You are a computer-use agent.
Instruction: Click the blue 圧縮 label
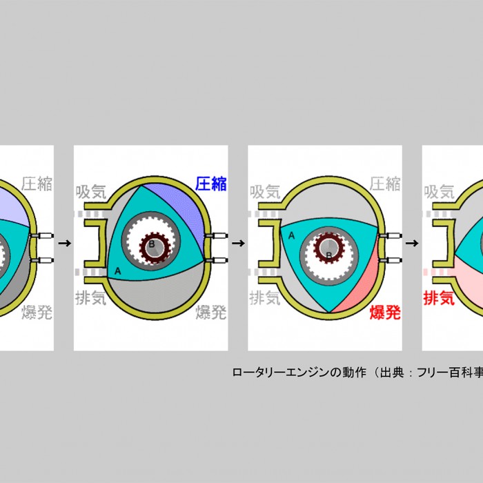pyautogui.click(x=211, y=184)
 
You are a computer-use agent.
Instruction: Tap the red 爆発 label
pyautogui.click(x=385, y=313)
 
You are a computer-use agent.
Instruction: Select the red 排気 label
pyautogui.click(x=439, y=299)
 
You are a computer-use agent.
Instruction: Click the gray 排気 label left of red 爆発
pyautogui.click(x=265, y=299)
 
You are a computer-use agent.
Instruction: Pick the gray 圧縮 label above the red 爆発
pyautogui.click(x=385, y=184)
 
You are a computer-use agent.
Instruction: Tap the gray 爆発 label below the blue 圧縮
pyautogui.click(x=211, y=313)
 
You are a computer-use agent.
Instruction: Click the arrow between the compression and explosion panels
pyautogui.click(x=238, y=243)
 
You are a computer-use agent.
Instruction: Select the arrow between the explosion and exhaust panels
pyautogui.click(x=412, y=243)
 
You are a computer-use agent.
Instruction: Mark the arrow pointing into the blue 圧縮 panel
pyautogui.click(x=64, y=243)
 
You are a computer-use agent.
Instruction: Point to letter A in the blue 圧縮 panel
pyautogui.click(x=118, y=271)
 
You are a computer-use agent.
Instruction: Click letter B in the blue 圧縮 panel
pyautogui.click(x=151, y=244)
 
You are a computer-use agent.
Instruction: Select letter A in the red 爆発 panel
pyautogui.click(x=291, y=235)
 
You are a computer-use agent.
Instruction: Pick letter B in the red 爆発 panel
pyautogui.click(x=329, y=255)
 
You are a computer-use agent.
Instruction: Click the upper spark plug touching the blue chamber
pyautogui.click(x=216, y=237)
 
